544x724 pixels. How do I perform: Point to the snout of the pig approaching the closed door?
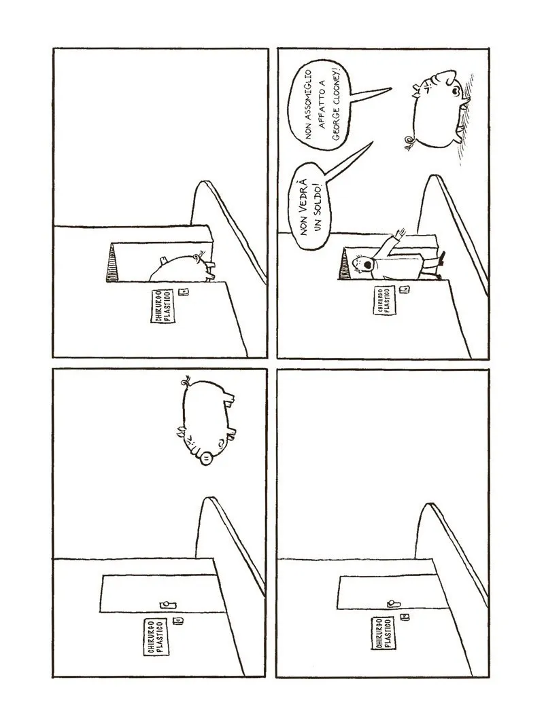207,458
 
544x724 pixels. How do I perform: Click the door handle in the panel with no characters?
393,603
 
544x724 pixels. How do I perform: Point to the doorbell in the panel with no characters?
406,617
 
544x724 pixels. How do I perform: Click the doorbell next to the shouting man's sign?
405,290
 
